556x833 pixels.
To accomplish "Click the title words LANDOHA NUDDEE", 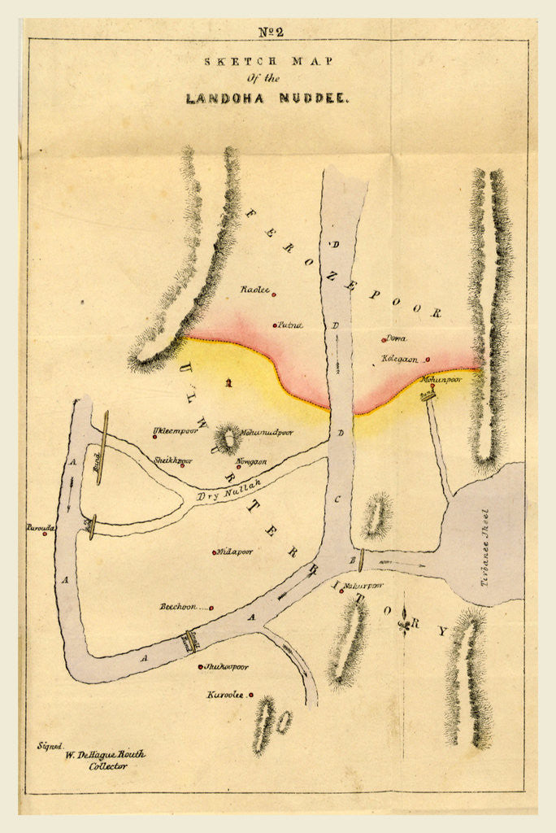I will click(267, 98).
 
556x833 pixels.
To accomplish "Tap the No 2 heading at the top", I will click(271, 33).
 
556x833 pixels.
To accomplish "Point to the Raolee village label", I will click(254, 290).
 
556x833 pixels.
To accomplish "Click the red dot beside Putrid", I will click(275, 325).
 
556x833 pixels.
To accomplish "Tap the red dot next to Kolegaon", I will click(428, 360).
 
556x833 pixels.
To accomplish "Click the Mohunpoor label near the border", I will click(441, 379).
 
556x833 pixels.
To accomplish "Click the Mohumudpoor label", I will click(267, 433).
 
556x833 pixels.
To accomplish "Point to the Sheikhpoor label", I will click(173, 460).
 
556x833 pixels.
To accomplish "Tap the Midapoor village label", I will click(235, 552).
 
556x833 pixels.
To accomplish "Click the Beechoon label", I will click(180, 606).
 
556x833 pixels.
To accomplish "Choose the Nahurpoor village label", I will click(363, 586).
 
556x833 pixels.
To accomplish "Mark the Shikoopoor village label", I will click(226, 667).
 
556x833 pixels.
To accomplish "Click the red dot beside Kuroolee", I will click(251, 696).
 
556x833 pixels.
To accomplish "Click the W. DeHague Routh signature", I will click(104, 754).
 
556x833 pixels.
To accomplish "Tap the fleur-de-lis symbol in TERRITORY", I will click(404, 625).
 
